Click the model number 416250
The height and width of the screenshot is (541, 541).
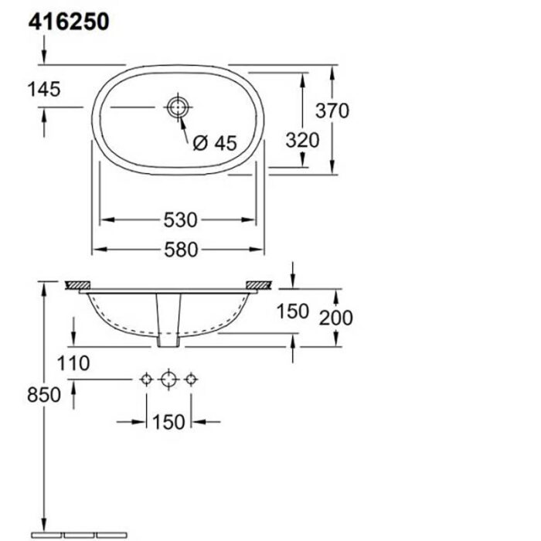click(x=69, y=22)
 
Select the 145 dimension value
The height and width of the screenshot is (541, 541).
click(x=43, y=90)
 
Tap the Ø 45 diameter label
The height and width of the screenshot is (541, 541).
click(x=214, y=143)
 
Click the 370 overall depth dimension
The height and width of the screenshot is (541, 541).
click(x=332, y=111)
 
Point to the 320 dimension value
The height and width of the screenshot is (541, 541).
click(x=301, y=140)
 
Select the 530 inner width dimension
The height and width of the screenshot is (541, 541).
click(x=180, y=221)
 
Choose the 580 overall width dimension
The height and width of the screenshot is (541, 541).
click(x=180, y=249)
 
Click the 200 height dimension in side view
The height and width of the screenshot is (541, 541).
click(x=337, y=317)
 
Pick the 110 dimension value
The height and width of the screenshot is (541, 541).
click(x=73, y=362)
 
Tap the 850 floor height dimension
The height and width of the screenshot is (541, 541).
click(x=45, y=394)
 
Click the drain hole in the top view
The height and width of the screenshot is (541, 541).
click(x=178, y=107)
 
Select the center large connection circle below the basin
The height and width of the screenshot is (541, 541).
click(x=168, y=379)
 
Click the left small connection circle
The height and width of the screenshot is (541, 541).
click(x=145, y=379)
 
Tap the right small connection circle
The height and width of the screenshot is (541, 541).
click(x=192, y=379)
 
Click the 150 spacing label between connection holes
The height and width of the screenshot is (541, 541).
click(x=168, y=421)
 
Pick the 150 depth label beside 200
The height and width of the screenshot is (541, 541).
click(x=293, y=311)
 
